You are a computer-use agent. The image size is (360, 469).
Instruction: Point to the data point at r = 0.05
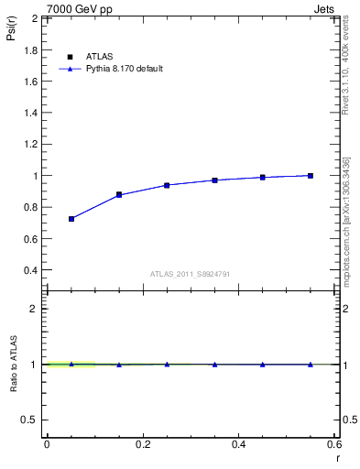tap(71, 219)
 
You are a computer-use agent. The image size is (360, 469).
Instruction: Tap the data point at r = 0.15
tap(119, 194)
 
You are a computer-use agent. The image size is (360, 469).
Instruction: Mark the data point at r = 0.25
tap(167, 185)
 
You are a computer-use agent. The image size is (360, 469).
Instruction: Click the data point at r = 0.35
tap(214, 180)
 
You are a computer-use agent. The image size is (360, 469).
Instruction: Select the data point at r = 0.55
tap(311, 175)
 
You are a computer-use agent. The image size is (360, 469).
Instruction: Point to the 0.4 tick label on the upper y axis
tap(29, 271)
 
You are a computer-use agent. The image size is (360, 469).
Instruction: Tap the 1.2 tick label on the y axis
tap(29, 145)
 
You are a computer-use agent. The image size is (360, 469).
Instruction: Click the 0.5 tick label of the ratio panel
tap(29, 420)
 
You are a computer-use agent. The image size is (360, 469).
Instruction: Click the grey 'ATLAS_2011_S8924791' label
tap(190, 273)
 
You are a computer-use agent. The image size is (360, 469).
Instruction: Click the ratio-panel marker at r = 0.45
tap(263, 364)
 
